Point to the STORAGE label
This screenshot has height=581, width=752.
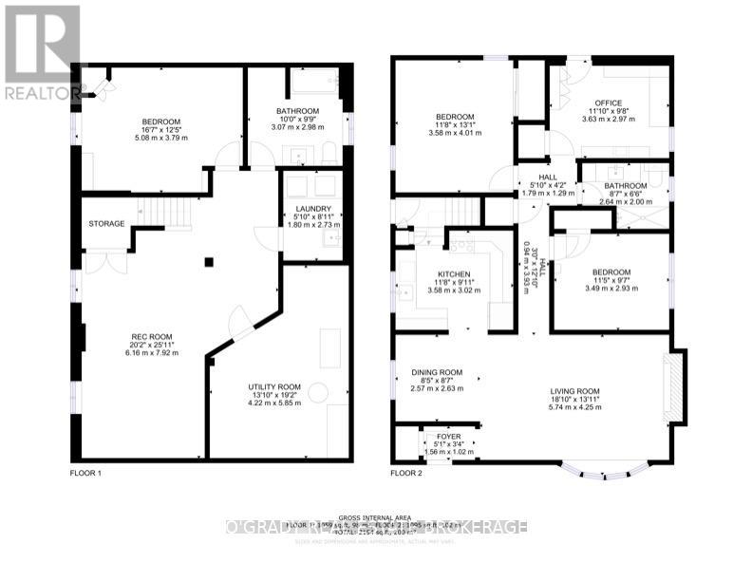(106, 224)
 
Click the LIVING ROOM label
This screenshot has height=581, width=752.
(574, 391)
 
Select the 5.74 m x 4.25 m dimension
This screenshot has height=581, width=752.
(574, 410)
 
